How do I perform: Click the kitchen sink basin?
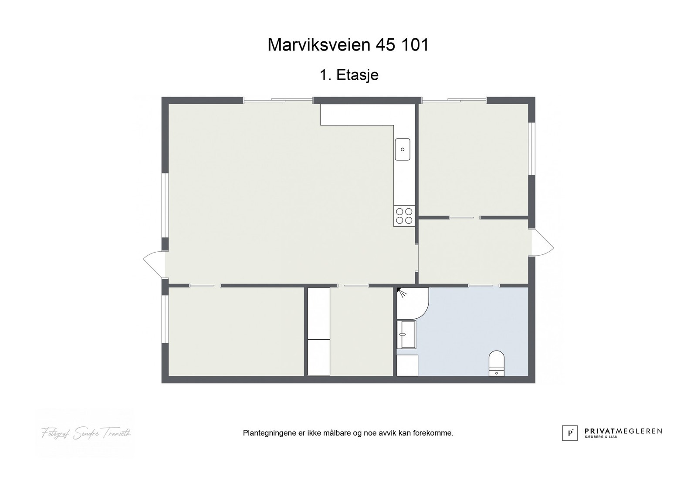(x=403, y=149)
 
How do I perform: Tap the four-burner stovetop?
(x=404, y=216)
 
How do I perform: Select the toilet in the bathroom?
(x=497, y=363)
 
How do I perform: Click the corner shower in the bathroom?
(x=411, y=302)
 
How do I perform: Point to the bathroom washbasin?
(x=406, y=334)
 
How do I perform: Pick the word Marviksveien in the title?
(x=313, y=45)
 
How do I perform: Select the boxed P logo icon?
(x=570, y=433)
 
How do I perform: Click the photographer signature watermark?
(x=86, y=433)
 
